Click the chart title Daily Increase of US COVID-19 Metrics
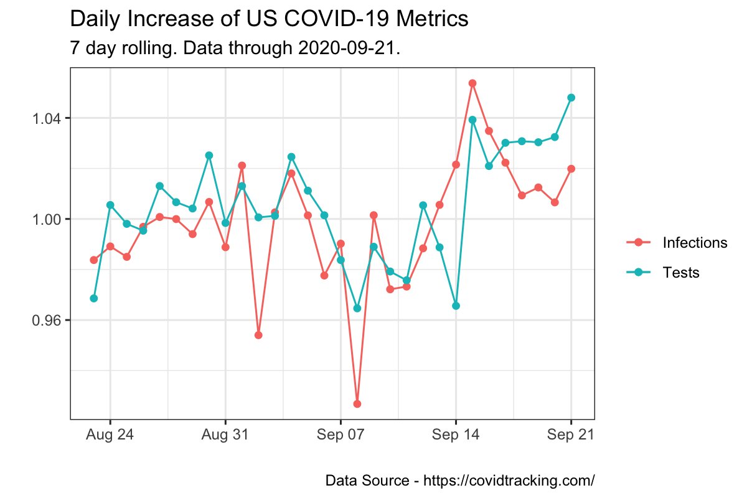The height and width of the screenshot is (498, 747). [269, 19]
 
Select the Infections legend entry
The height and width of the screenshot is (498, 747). [695, 243]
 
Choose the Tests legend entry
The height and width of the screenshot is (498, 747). [681, 273]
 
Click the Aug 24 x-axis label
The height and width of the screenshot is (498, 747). [110, 435]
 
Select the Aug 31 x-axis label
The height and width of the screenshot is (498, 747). [225, 435]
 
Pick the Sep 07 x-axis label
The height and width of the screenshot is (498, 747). [341, 435]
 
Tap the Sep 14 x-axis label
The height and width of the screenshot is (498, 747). [456, 435]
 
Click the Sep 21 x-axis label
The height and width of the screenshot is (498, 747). [571, 435]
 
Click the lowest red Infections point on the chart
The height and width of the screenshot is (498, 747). [357, 404]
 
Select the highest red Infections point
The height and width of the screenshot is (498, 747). [472, 83]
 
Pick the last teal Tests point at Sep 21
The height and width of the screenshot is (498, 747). [571, 98]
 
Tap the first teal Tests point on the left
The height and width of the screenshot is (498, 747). [93, 298]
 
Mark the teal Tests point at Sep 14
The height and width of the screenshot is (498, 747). [456, 306]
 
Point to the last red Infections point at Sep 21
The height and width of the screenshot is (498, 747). [571, 169]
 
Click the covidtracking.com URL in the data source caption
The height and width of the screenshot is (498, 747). [509, 481]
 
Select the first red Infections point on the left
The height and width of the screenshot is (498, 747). [93, 260]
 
